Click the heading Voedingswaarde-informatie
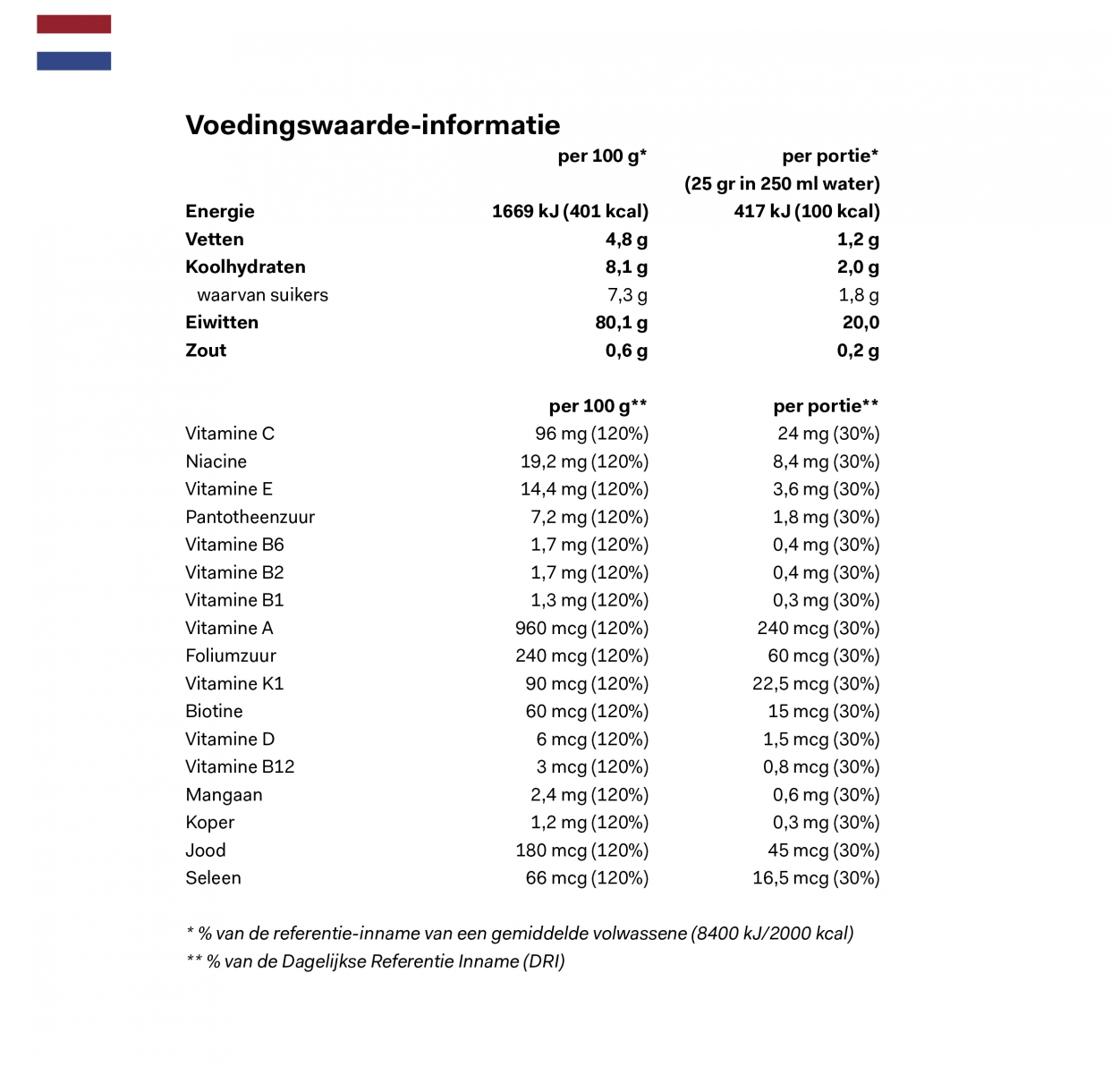pyautogui.click(x=372, y=125)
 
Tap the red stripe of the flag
pyautogui.click(x=73, y=24)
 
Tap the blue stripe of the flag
pyautogui.click(x=73, y=61)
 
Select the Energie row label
pyautogui.click(x=220, y=212)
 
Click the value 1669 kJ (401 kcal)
pyautogui.click(x=570, y=212)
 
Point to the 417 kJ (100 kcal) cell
pyautogui.click(x=806, y=212)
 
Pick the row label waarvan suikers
pyautogui.click(x=262, y=295)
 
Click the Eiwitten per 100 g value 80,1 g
pyautogui.click(x=621, y=323)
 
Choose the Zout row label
pyautogui.click(x=206, y=351)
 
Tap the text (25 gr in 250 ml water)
pyautogui.click(x=782, y=184)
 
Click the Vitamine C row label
pyautogui.click(x=230, y=434)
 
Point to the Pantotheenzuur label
pyautogui.click(x=250, y=517)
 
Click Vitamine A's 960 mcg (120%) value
pyautogui.click(x=581, y=628)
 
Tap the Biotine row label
pyautogui.click(x=214, y=711)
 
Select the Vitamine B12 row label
pyautogui.click(x=240, y=766)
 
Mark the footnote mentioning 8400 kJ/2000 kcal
pyautogui.click(x=520, y=934)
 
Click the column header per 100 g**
pyautogui.click(x=598, y=406)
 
